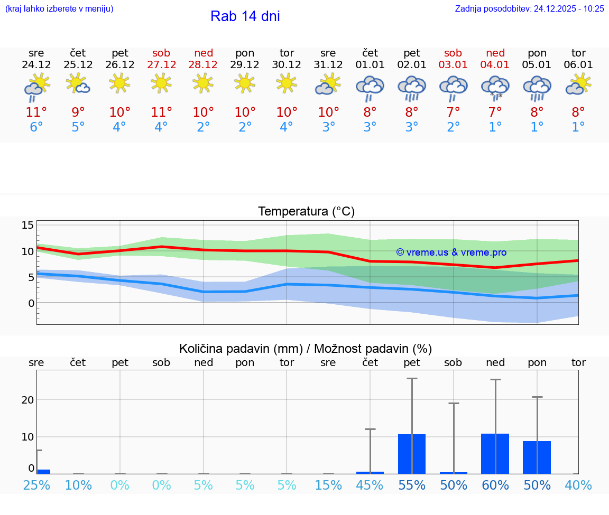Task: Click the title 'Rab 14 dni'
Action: [x=245, y=16]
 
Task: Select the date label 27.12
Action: [x=161, y=65]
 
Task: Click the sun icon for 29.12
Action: [x=245, y=83]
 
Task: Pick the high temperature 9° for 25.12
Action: [x=78, y=113]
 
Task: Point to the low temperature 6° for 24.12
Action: [x=36, y=127]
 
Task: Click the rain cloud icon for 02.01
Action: [x=411, y=88]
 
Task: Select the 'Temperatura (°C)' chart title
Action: [x=306, y=211]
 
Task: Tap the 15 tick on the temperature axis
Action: [x=27, y=226]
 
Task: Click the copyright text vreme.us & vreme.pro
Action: [x=451, y=252]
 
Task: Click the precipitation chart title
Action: [x=305, y=349]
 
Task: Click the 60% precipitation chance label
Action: [x=495, y=485]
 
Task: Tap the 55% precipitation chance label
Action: [x=411, y=485]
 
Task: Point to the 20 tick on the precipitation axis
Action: [x=27, y=399]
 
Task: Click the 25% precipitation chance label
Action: [x=36, y=485]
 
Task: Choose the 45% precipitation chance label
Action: [x=370, y=485]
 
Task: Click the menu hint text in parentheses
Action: [x=59, y=8]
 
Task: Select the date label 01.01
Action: [x=370, y=65]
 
